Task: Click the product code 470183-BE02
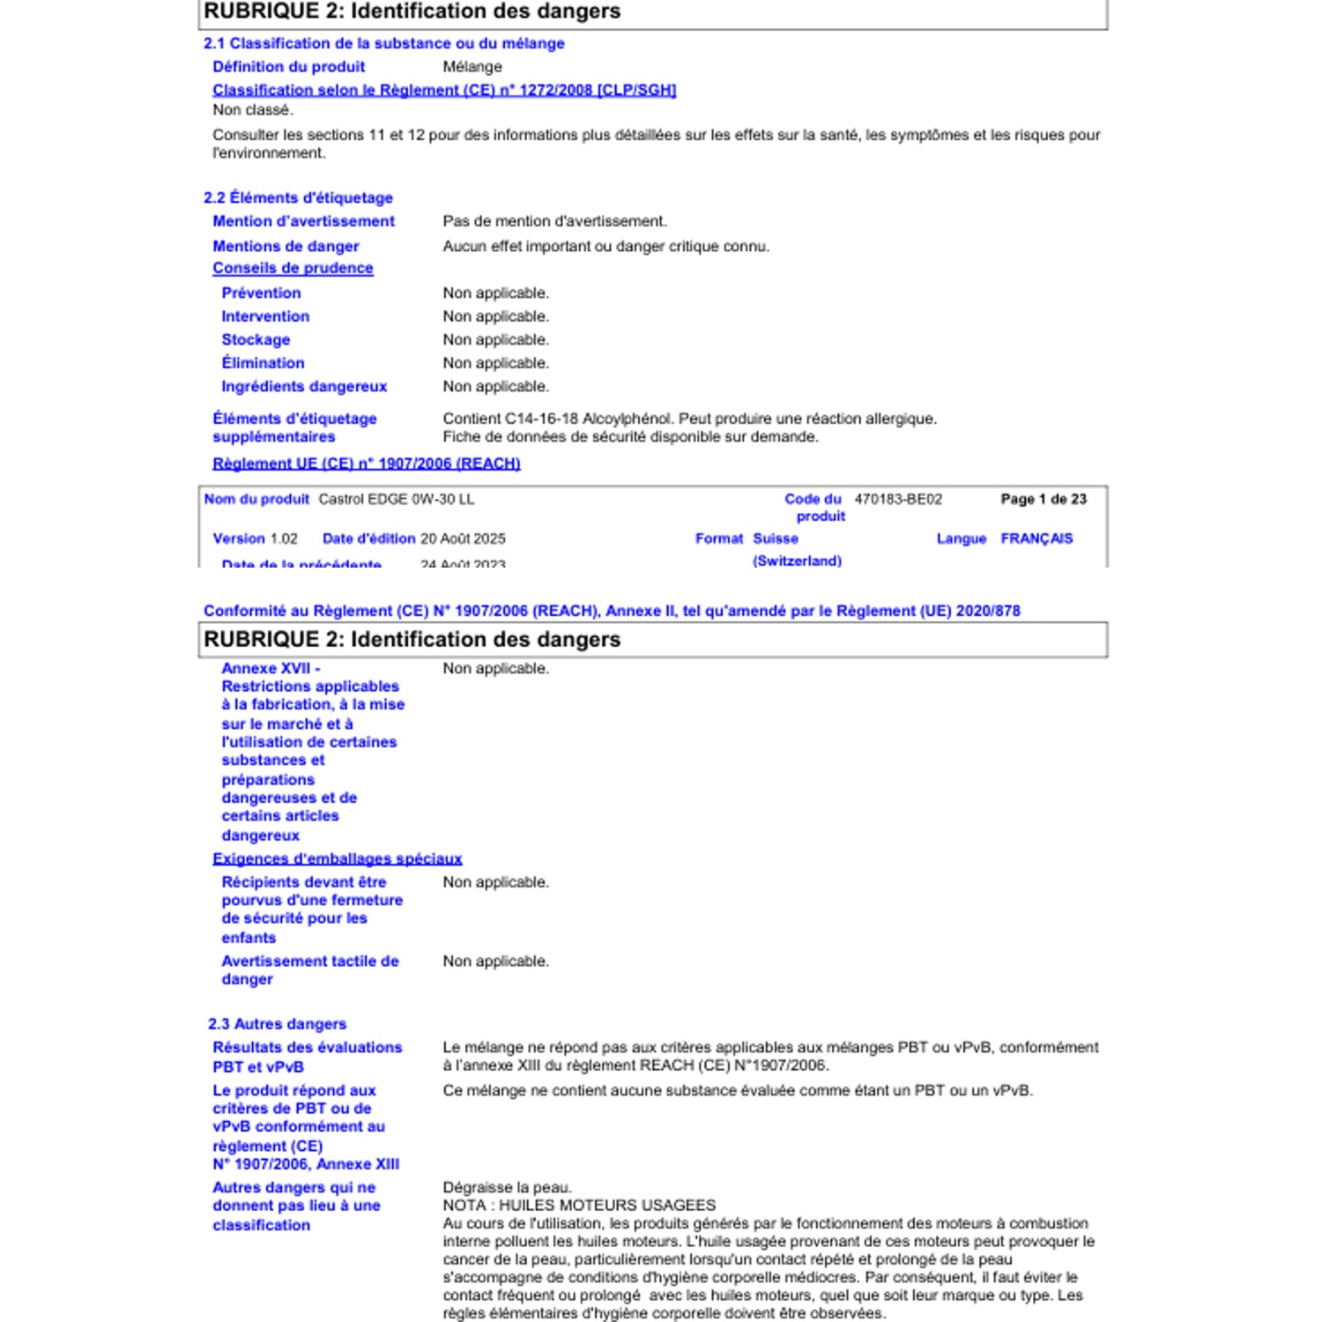coord(898,500)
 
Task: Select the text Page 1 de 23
coord(1043,500)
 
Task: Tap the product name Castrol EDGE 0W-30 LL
coord(396,500)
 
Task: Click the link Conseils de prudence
coord(293,268)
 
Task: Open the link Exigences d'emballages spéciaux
coord(337,858)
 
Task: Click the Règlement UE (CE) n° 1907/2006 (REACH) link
coord(366,464)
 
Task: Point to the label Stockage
coord(256,340)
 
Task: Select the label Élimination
coord(263,363)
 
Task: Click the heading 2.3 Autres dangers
coord(277,1024)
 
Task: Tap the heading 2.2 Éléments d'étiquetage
coord(298,198)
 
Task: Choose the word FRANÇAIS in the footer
coord(1036,538)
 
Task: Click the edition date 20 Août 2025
coord(463,538)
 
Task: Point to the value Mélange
coord(472,67)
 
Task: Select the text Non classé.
coord(253,110)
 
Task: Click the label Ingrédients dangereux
coord(304,387)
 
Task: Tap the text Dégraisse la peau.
coord(507,1187)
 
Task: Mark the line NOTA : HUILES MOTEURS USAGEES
coord(579,1205)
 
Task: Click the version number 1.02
coord(284,538)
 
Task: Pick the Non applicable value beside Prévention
coord(495,293)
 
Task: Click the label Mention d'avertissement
coord(303,221)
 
